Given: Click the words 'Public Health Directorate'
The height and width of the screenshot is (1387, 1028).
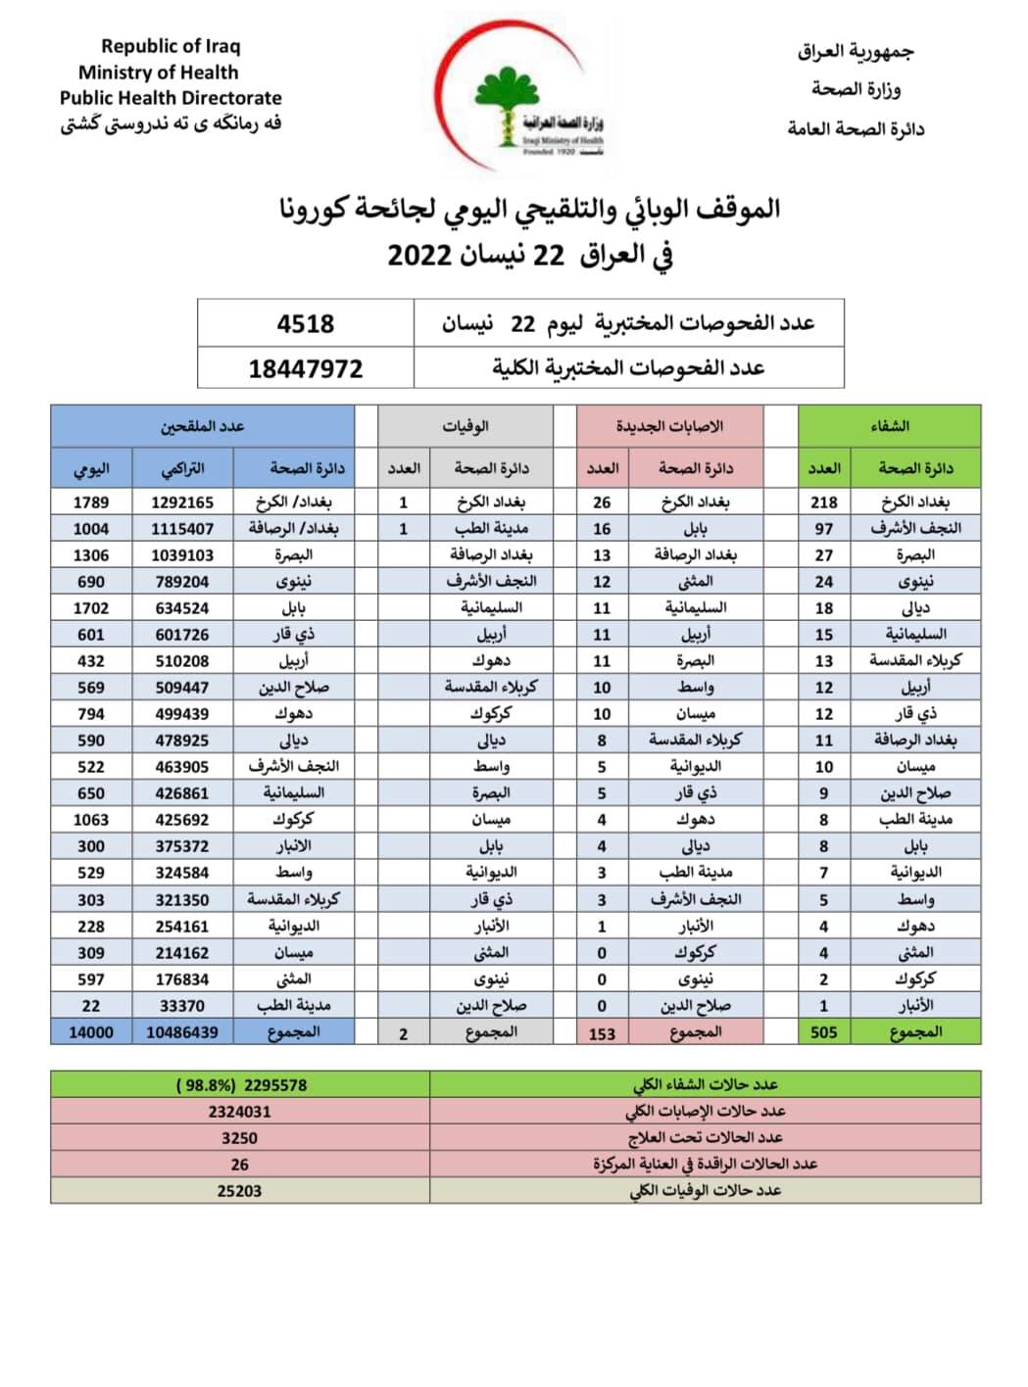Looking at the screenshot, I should click(x=171, y=98).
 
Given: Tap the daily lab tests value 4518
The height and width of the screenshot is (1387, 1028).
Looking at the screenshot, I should click(x=305, y=323).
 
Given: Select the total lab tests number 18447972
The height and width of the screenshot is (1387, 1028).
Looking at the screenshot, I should click(x=305, y=369).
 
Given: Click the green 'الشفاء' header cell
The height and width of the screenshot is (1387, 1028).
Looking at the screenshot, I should click(x=889, y=426).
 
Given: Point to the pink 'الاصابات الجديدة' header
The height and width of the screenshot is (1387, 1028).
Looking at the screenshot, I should click(x=669, y=426).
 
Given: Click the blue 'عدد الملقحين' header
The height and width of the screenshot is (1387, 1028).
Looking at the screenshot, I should click(x=203, y=426).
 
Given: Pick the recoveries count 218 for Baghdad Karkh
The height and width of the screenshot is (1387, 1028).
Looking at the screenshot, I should click(x=823, y=502).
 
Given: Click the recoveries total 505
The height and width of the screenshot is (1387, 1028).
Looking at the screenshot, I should click(x=823, y=1031).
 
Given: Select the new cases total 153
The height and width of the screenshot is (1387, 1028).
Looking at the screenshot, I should click(x=602, y=1032).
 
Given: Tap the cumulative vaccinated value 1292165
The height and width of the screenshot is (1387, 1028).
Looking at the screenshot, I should click(x=182, y=502).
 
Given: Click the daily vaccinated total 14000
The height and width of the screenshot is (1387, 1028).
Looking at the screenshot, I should click(x=91, y=1031).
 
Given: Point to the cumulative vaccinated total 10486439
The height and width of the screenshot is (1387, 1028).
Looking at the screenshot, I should click(x=182, y=1031).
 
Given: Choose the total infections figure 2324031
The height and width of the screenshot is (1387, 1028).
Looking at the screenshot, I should click(x=239, y=1112).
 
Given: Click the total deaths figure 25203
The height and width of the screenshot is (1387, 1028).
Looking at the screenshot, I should click(x=239, y=1191).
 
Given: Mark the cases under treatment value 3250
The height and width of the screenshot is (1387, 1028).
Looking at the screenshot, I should click(x=239, y=1138).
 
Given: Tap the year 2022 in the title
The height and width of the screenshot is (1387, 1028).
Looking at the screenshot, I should click(x=419, y=256).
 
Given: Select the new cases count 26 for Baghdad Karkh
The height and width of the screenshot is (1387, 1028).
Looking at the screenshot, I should click(x=602, y=502).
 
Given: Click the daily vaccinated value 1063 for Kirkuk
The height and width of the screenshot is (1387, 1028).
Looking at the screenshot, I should click(x=91, y=820).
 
